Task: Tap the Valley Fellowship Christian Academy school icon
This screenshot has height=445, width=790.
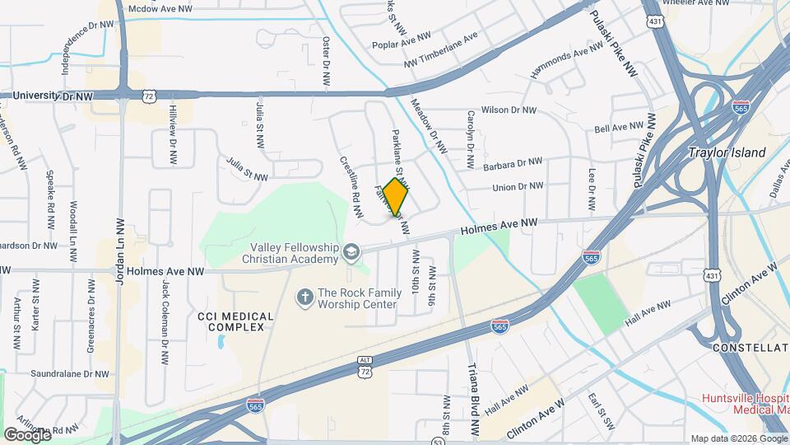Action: click(x=352, y=251)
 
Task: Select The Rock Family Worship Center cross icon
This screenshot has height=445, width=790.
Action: click(x=304, y=296)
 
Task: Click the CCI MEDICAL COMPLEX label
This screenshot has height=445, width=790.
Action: click(x=231, y=321)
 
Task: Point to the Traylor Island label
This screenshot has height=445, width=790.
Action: click(x=727, y=152)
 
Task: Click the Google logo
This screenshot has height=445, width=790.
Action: click(x=27, y=434)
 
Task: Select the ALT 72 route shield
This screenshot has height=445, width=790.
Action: click(x=365, y=368)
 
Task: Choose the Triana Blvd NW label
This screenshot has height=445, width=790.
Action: click(x=473, y=399)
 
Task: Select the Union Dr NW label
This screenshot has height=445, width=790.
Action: click(x=518, y=187)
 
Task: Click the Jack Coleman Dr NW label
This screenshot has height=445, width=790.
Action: click(x=165, y=322)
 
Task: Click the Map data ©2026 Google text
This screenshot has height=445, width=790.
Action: click(x=738, y=438)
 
